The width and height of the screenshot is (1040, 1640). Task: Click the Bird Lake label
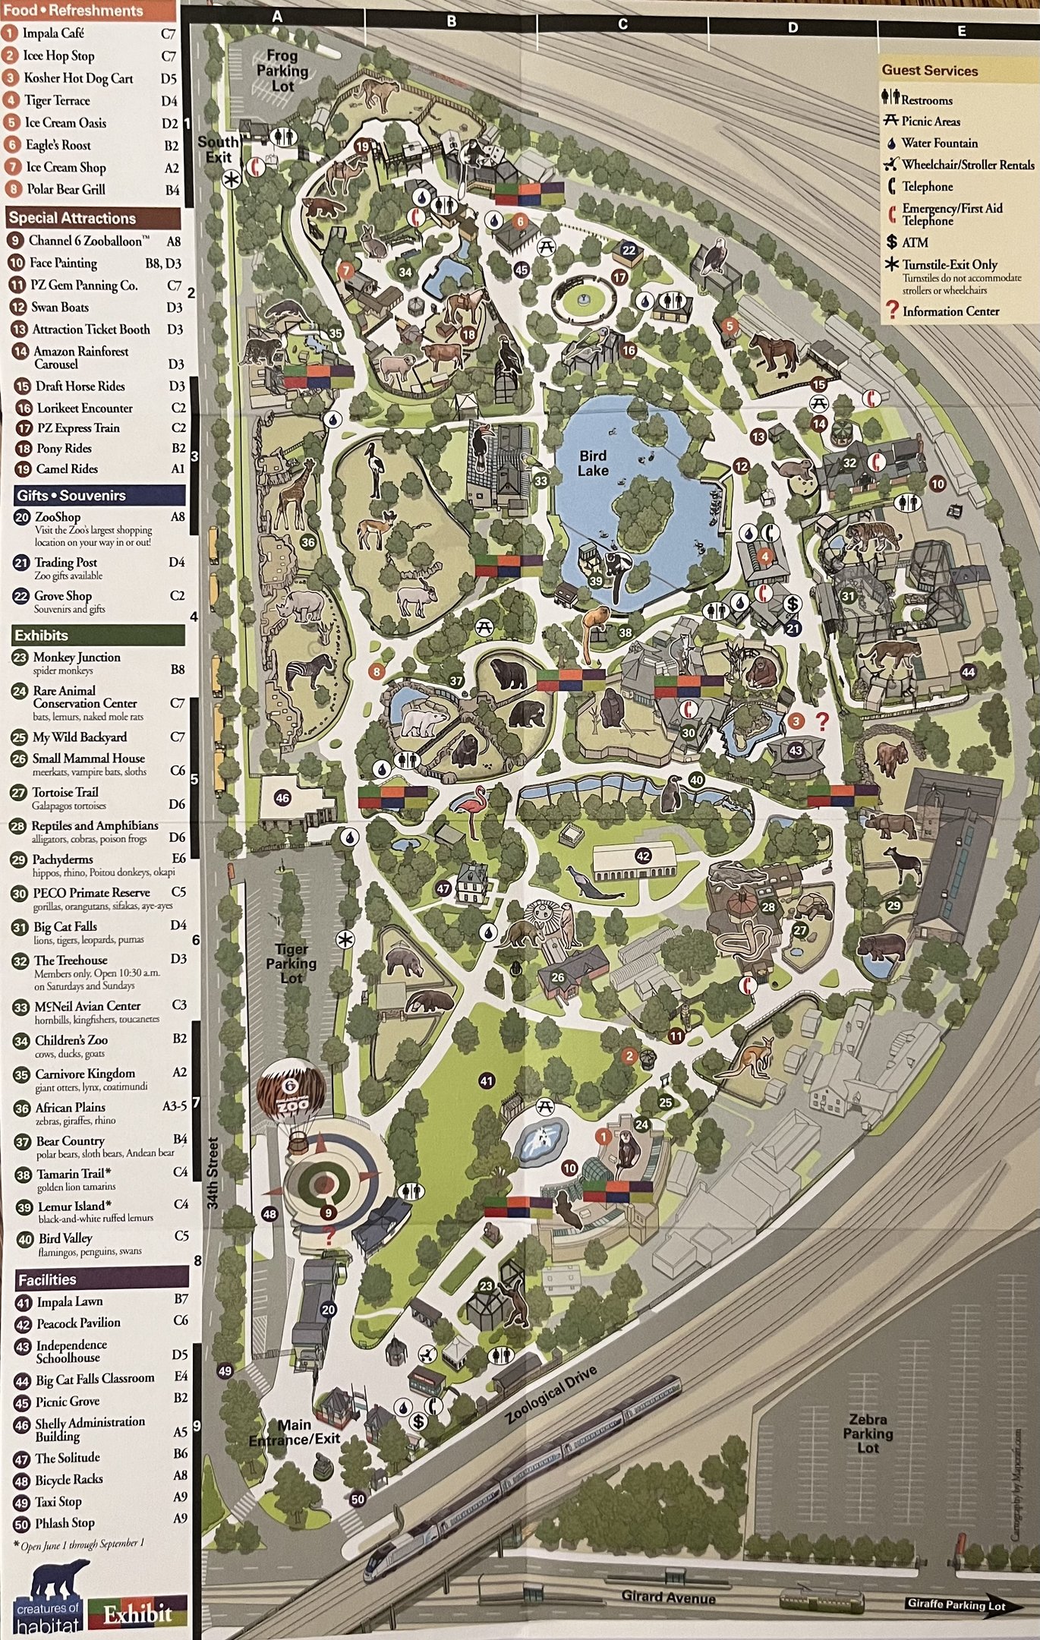[593, 462]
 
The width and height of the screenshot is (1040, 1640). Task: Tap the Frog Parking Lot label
[282, 71]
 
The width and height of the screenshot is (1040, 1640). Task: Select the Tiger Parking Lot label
[292, 963]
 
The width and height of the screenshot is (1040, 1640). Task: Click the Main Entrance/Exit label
[295, 1432]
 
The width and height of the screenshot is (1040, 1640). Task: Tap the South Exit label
[218, 149]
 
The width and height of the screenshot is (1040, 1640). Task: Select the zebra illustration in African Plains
[309, 671]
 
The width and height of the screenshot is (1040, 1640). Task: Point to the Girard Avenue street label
[668, 1597]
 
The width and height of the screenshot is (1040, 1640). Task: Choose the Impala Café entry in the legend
[53, 33]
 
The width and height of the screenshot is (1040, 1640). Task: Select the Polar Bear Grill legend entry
[66, 189]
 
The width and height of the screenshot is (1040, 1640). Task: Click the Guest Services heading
[929, 71]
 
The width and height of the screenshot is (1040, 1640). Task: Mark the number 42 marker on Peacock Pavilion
[643, 856]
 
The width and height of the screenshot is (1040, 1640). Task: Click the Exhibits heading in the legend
[42, 635]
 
